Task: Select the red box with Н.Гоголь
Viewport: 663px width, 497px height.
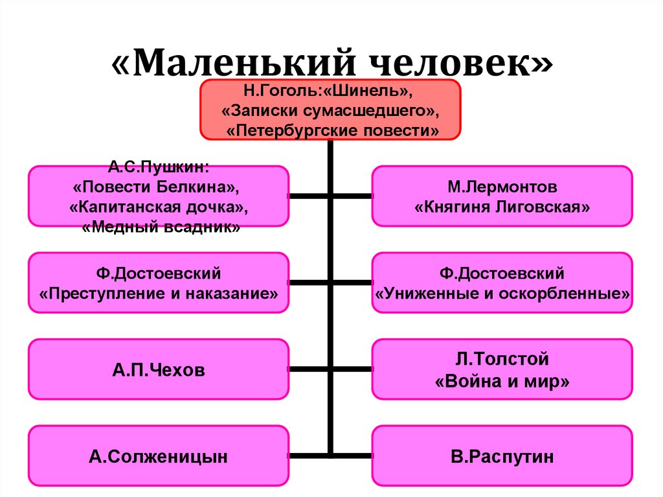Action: pyautogui.click(x=330, y=110)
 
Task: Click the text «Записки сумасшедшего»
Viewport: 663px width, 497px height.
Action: pyautogui.click(x=330, y=110)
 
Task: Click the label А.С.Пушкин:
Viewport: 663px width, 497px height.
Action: pyautogui.click(x=159, y=167)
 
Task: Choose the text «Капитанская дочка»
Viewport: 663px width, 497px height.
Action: pyautogui.click(x=159, y=208)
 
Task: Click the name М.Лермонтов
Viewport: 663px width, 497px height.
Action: pyautogui.click(x=502, y=187)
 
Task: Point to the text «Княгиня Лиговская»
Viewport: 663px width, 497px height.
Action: pyautogui.click(x=502, y=207)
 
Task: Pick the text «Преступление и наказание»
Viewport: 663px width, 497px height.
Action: pyautogui.click(x=159, y=292)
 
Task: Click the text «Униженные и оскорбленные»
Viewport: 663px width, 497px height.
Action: pyautogui.click(x=502, y=292)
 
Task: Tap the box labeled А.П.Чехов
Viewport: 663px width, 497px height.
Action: pyautogui.click(x=159, y=370)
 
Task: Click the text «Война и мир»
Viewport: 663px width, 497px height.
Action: pyautogui.click(x=502, y=381)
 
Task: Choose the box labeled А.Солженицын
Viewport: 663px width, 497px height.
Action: pyautogui.click(x=159, y=456)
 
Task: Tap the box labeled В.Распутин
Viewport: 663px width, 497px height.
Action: pyautogui.click(x=502, y=456)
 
